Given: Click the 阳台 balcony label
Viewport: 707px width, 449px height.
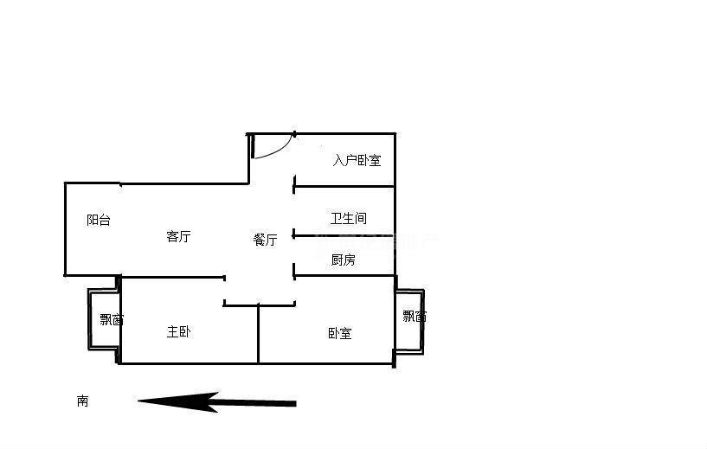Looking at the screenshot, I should [x=99, y=220].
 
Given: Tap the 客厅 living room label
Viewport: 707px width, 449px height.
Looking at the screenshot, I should [x=178, y=236].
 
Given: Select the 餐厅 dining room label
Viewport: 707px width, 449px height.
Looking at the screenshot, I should [x=265, y=240].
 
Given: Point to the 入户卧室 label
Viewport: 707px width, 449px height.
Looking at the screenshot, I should [x=357, y=160].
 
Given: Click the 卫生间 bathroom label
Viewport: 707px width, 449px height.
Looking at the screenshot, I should [x=348, y=219].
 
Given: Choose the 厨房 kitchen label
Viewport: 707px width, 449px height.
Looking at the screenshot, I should [x=343, y=260].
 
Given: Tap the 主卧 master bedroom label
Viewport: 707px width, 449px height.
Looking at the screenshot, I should [x=178, y=331].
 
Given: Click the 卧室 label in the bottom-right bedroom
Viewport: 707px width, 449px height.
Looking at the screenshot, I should [x=339, y=333].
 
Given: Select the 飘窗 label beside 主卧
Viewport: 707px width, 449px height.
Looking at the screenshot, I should [x=111, y=319].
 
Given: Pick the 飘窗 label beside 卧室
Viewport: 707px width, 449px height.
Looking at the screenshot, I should [x=414, y=316].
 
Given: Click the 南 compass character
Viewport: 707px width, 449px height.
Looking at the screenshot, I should [x=82, y=401].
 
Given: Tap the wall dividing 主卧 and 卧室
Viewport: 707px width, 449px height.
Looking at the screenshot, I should [x=259, y=334].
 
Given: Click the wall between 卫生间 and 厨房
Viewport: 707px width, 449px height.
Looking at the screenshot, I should [x=344, y=235].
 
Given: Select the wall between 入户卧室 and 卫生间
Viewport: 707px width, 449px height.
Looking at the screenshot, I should [x=344, y=187].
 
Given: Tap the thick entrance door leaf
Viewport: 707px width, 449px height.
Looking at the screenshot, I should [x=253, y=146].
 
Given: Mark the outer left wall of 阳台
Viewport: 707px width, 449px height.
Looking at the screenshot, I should [x=65, y=229].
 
